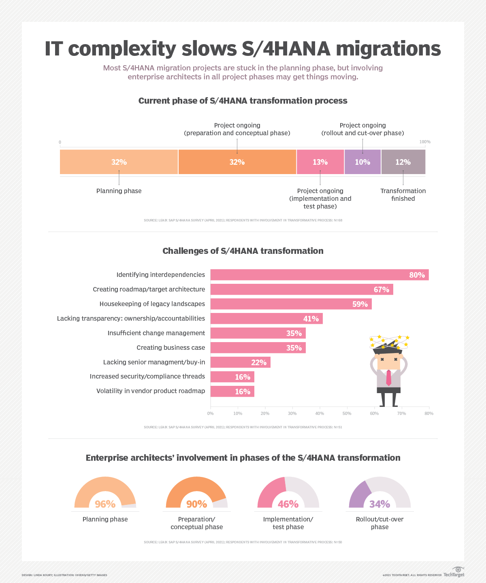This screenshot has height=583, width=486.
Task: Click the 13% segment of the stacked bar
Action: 320,162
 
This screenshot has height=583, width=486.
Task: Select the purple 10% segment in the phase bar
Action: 362,162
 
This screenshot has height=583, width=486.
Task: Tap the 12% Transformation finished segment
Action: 403,162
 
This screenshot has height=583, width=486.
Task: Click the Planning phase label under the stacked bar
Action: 119,191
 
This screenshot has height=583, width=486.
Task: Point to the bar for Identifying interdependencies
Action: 319,275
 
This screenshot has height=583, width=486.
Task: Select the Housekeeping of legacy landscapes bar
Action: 291,304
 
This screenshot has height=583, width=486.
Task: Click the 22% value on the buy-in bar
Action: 259,362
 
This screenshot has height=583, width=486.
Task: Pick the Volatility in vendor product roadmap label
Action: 151,391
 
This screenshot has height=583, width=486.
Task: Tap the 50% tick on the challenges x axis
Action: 347,413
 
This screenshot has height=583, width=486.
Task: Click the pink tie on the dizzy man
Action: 388,378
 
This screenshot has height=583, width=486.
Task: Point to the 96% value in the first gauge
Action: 105,504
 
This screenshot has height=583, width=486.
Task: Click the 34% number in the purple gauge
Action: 379,504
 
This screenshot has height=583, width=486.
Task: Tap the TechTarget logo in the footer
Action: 454,572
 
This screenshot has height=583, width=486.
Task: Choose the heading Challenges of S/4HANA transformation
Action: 243,251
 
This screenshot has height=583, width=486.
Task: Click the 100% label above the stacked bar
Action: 425,142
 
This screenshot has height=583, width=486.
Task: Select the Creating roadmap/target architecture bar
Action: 301,289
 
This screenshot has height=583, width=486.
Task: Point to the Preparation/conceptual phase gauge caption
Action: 197,523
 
